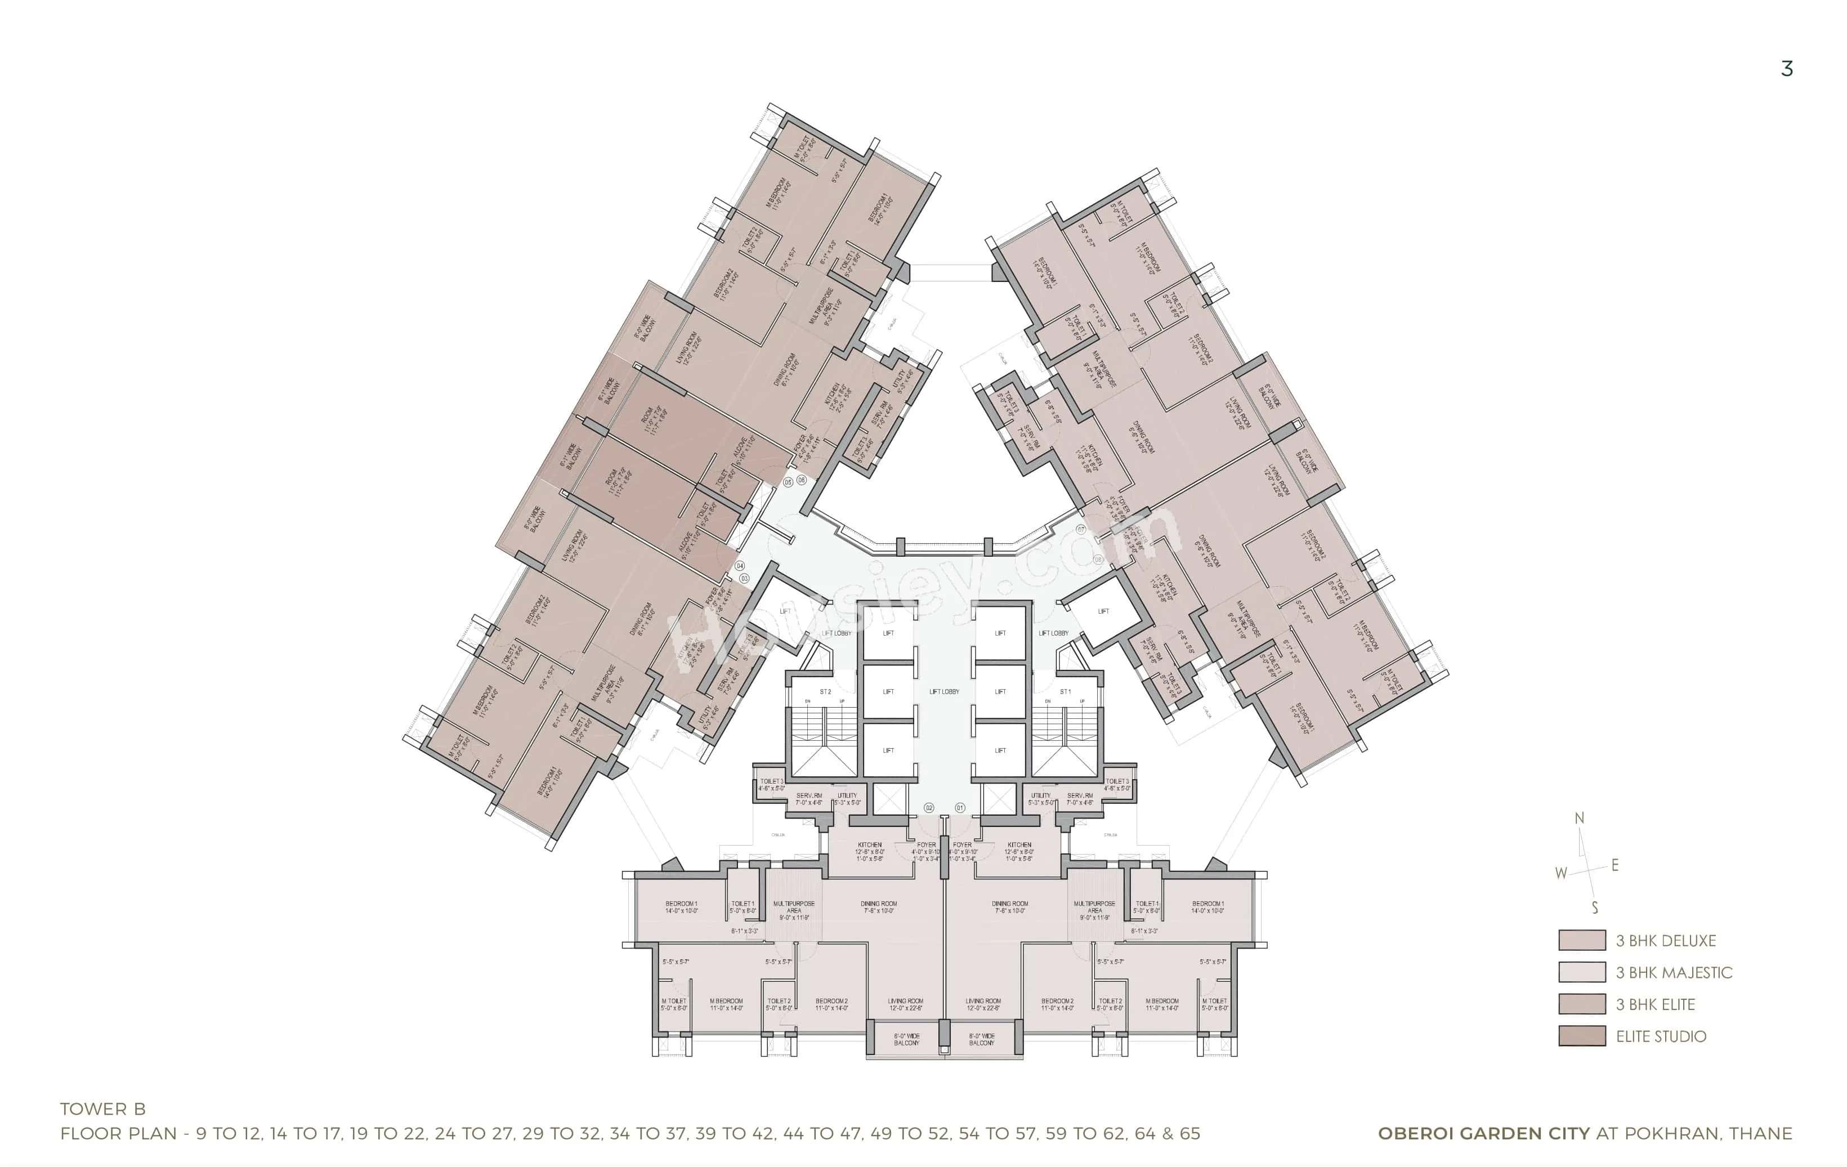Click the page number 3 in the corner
(x=1786, y=69)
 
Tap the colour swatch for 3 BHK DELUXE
(x=1582, y=941)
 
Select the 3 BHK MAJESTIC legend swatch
(x=1582, y=972)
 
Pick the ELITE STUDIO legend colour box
(x=1582, y=1036)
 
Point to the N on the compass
(x=1579, y=819)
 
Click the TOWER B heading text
(x=103, y=1108)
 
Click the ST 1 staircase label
(x=1066, y=692)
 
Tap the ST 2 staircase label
(x=825, y=692)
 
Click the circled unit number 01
(x=960, y=808)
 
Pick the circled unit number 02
(x=929, y=808)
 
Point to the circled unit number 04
(x=740, y=565)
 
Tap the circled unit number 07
(x=1081, y=529)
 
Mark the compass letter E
(x=1615, y=865)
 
